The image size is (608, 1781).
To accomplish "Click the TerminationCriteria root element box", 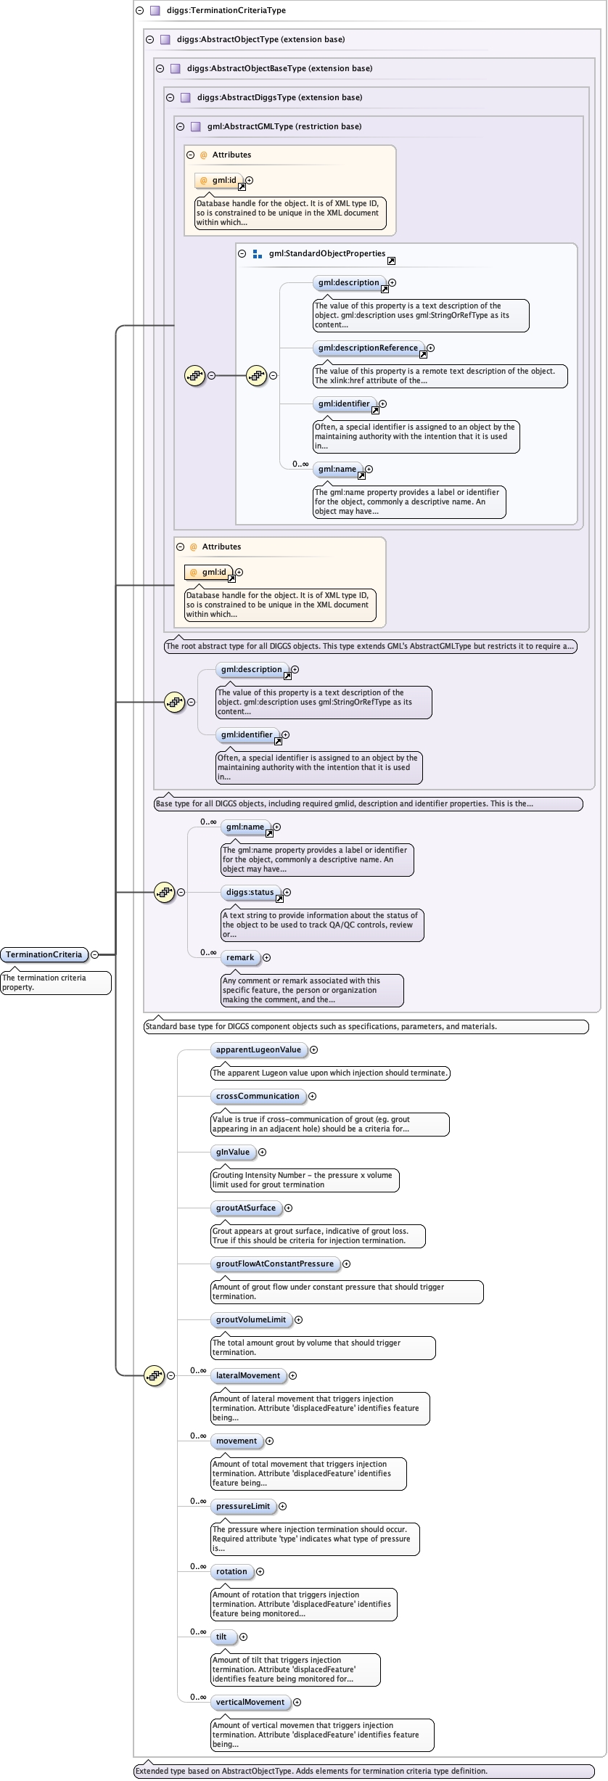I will pyautogui.click(x=44, y=954).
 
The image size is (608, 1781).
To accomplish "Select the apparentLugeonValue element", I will pyautogui.click(x=258, y=1049).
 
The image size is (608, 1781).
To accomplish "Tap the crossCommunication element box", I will pyautogui.click(x=258, y=1096).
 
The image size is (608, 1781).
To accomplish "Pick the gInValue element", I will pyautogui.click(x=233, y=1152).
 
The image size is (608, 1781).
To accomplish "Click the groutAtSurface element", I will pyautogui.click(x=246, y=1208).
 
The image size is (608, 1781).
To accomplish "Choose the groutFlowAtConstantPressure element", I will pyautogui.click(x=275, y=1264).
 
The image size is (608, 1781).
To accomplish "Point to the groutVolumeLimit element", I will pyautogui.click(x=251, y=1319).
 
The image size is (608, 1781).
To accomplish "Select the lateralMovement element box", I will pyautogui.click(x=248, y=1375).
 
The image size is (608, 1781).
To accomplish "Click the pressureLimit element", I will pyautogui.click(x=243, y=1506).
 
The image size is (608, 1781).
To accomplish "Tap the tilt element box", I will pyautogui.click(x=222, y=1637).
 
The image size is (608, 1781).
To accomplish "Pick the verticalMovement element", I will pyautogui.click(x=250, y=1702).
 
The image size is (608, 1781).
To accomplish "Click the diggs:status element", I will pyautogui.click(x=250, y=892).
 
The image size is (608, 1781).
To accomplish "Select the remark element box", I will pyautogui.click(x=240, y=957).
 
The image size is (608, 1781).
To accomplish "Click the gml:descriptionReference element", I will pyautogui.click(x=369, y=348).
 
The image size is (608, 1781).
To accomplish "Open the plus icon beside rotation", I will pyautogui.click(x=260, y=1571).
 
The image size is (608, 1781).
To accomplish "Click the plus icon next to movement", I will pyautogui.click(x=269, y=1441).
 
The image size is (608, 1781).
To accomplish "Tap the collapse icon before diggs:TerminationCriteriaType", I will pyautogui.click(x=139, y=10).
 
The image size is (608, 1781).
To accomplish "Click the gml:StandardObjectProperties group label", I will pyautogui.click(x=326, y=253).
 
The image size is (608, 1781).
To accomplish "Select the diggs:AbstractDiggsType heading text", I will pyautogui.click(x=279, y=97).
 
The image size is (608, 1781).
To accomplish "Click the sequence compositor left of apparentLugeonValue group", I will pyautogui.click(x=155, y=1375).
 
